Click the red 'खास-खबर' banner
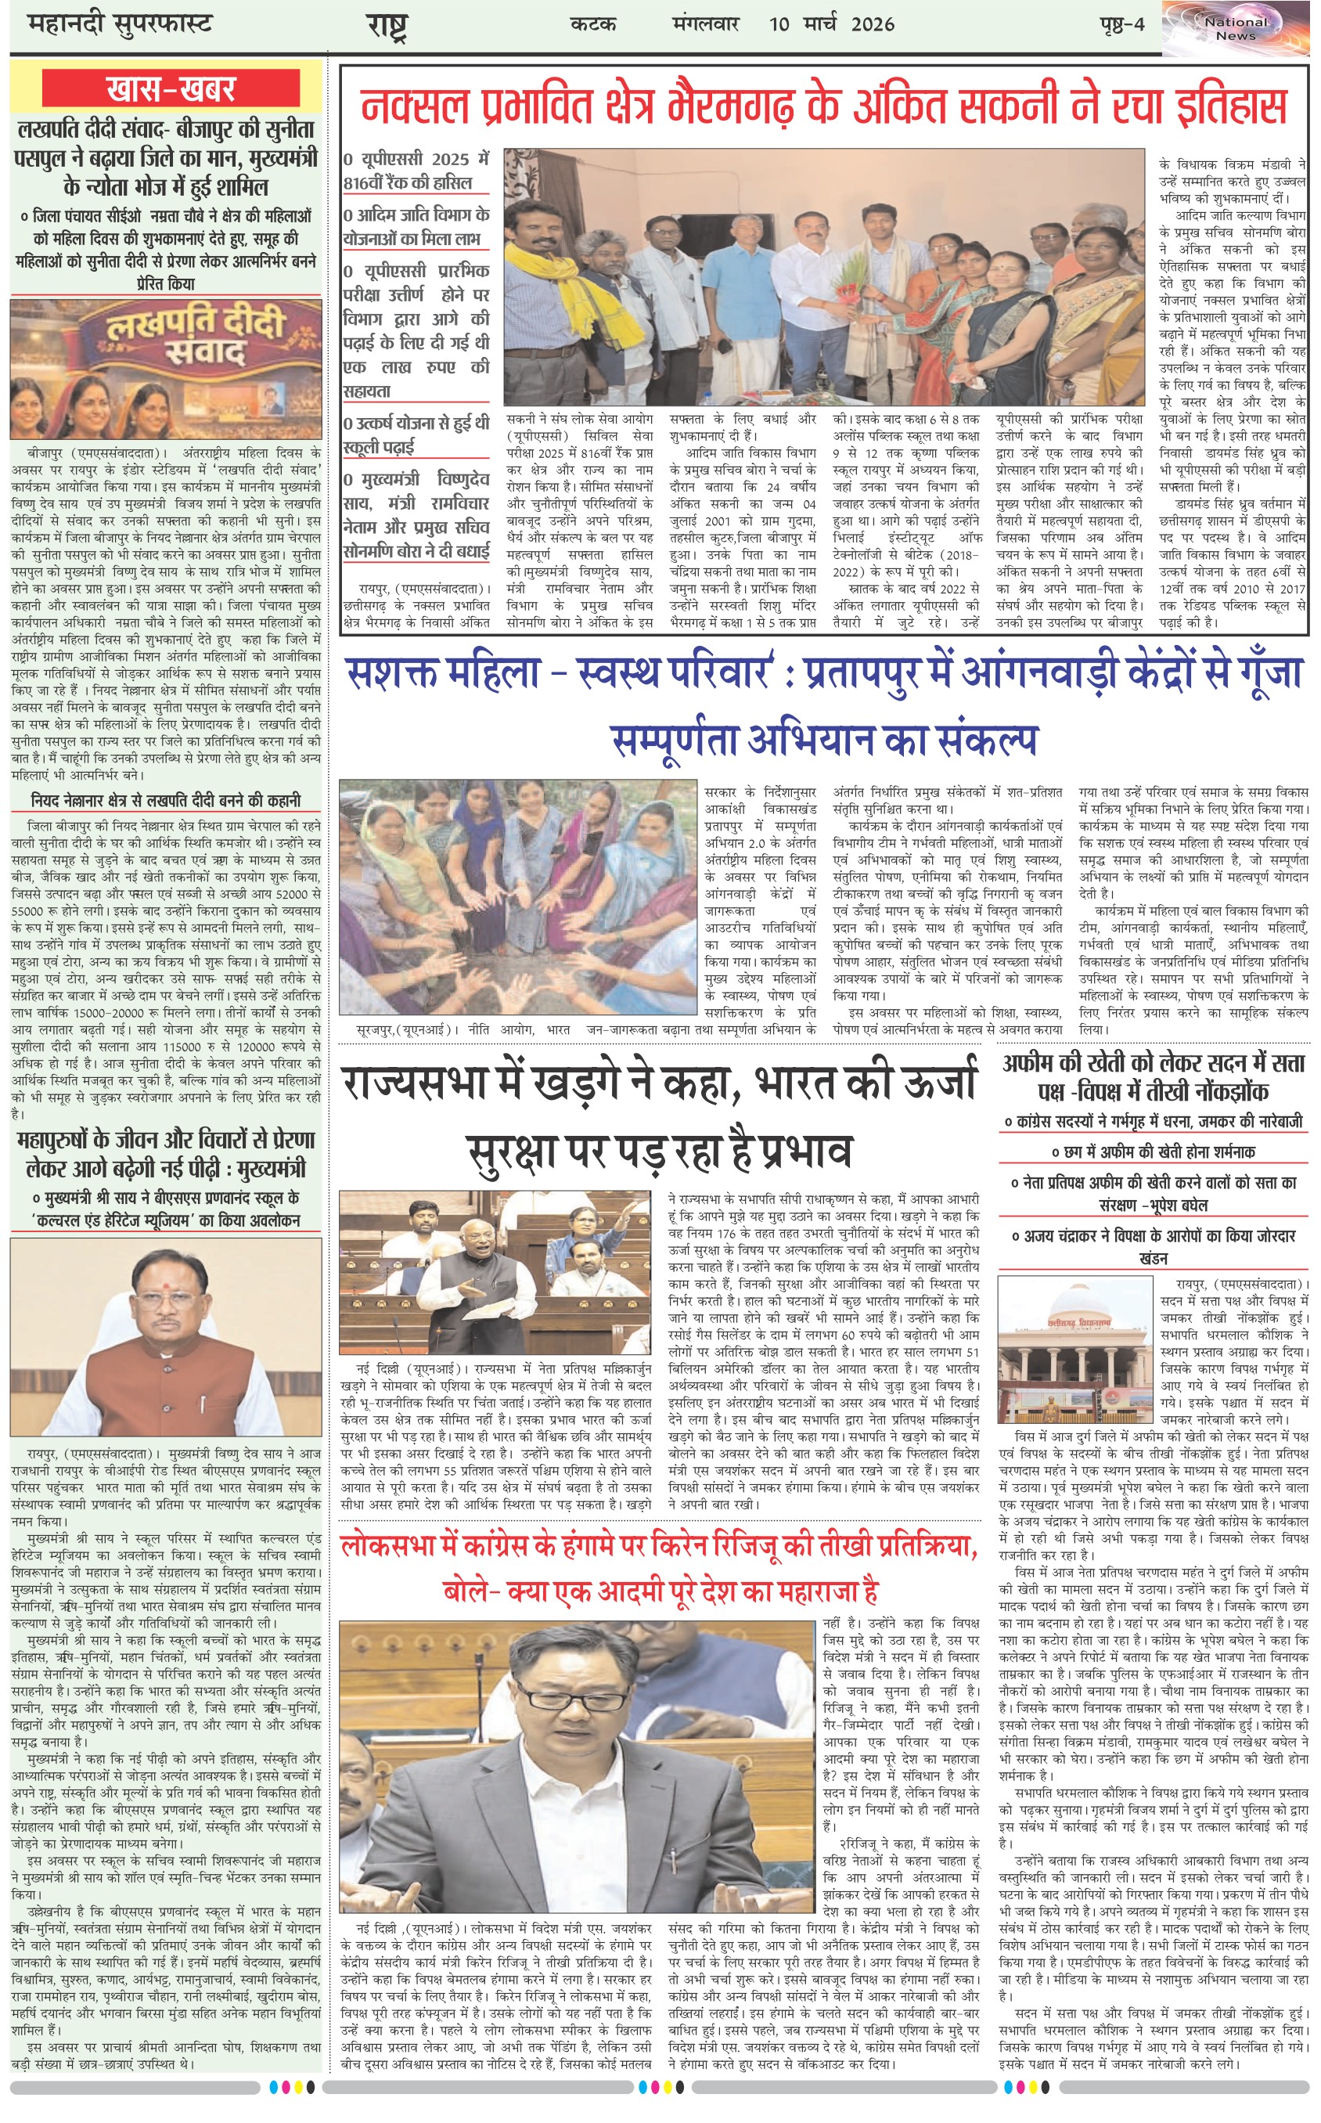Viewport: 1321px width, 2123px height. click(171, 90)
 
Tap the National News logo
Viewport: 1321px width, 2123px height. click(1236, 29)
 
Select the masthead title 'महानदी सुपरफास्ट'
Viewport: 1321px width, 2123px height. click(121, 23)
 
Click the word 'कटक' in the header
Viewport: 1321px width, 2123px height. click(593, 23)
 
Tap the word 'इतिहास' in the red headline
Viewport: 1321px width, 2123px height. click(1222, 106)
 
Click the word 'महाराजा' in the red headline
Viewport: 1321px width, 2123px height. click(808, 1590)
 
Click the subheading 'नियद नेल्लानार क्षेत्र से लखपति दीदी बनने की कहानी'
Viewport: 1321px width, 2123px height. click(166, 800)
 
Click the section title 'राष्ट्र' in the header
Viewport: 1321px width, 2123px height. click(387, 25)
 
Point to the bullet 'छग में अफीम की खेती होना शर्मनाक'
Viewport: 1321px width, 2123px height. click(1153, 1152)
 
